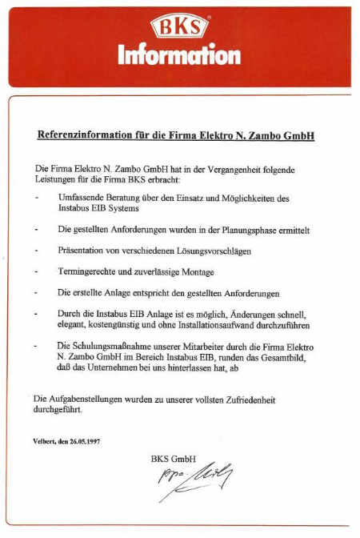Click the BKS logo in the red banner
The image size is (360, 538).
tap(179, 28)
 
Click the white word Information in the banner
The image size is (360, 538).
tap(179, 54)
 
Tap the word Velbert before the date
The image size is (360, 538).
tap(44, 441)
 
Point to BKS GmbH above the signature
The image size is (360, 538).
tap(173, 459)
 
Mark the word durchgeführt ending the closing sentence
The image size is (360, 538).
tap(57, 409)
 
